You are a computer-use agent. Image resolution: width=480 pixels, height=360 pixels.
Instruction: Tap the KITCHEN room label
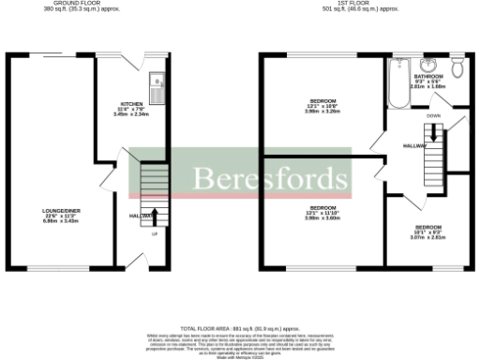click(x=132, y=104)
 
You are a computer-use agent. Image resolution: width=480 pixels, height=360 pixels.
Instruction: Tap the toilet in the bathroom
click(x=457, y=69)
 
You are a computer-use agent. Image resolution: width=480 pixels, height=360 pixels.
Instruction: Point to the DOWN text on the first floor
click(x=433, y=115)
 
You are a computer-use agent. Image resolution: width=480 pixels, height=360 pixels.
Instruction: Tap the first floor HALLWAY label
click(x=414, y=145)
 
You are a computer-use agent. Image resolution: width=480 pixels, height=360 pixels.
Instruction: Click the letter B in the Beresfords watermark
click(x=202, y=177)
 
